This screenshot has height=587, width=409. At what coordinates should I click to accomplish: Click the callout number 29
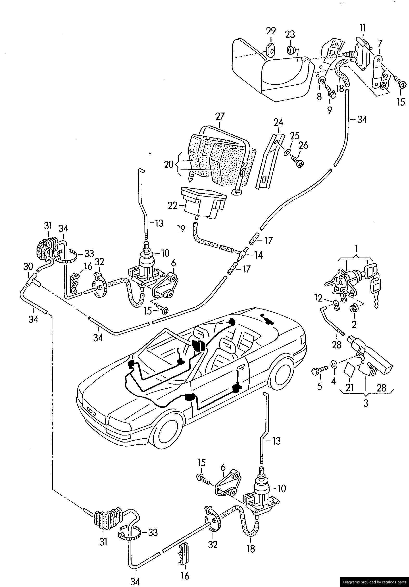[271, 31]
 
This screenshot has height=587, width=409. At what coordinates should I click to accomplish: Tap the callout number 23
[290, 35]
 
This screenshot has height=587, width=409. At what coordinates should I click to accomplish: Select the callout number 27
[220, 117]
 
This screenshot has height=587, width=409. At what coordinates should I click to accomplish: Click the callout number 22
[172, 206]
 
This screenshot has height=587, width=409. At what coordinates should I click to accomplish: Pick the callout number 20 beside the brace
[169, 165]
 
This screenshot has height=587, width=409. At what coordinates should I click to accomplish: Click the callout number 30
[28, 267]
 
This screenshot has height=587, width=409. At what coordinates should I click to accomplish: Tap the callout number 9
[329, 110]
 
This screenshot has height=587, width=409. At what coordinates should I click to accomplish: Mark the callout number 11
[363, 28]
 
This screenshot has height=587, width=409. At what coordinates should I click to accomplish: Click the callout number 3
[366, 404]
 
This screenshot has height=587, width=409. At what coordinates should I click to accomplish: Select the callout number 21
[349, 388]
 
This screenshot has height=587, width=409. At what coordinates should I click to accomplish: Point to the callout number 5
[320, 386]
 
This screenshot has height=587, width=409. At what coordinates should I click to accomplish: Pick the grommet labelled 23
[290, 50]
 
